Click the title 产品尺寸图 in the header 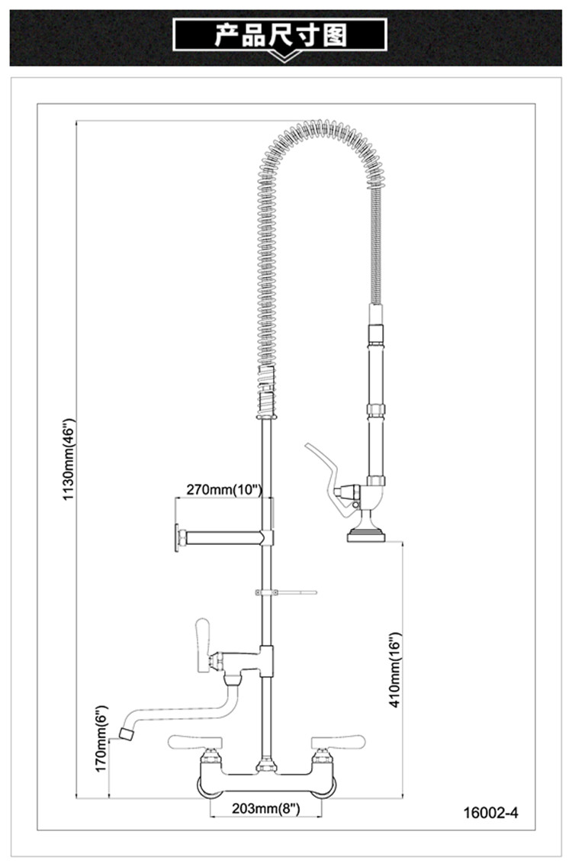click(x=281, y=35)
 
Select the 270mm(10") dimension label click(x=223, y=489)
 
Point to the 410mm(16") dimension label click(x=395, y=670)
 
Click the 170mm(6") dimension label click(x=101, y=738)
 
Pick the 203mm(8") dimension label click(x=266, y=808)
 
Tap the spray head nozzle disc click(x=366, y=535)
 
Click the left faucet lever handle click(x=195, y=742)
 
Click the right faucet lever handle click(x=338, y=742)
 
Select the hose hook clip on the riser click(x=286, y=592)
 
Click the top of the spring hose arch click(x=320, y=126)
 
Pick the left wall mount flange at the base click(x=210, y=787)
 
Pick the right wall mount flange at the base click(x=323, y=787)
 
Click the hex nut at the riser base click(x=266, y=766)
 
